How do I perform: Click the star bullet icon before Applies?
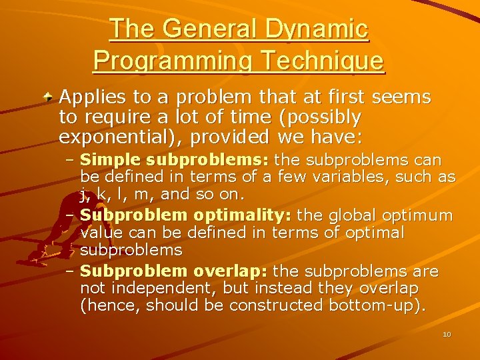[50, 98]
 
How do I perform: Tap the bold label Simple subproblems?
[175, 161]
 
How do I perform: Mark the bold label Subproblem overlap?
[174, 271]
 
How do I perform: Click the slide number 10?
[447, 334]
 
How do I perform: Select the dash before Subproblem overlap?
[71, 272]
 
